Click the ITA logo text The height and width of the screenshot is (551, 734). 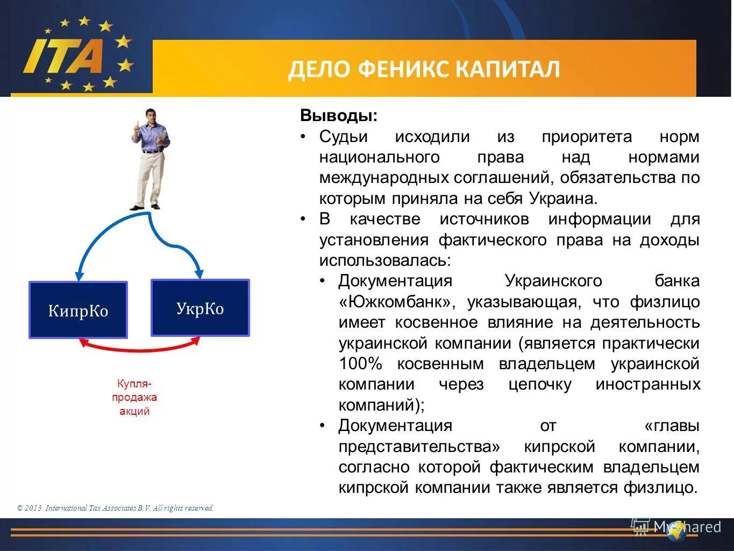(x=63, y=55)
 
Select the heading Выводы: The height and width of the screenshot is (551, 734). (x=339, y=116)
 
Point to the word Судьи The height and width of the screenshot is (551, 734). (x=343, y=137)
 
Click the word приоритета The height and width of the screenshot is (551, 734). (x=586, y=137)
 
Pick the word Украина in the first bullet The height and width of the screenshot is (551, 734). (x=562, y=199)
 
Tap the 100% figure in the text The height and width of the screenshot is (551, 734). (x=360, y=364)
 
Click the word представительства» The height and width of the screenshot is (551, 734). (x=419, y=447)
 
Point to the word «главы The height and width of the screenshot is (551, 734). (x=672, y=426)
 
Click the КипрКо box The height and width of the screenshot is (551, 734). (x=78, y=310)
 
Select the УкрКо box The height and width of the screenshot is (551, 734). (x=200, y=308)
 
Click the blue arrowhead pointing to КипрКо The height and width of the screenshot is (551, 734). (x=80, y=275)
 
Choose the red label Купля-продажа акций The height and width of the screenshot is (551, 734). (x=134, y=398)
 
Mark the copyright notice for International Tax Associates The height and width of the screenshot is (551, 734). (x=116, y=508)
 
